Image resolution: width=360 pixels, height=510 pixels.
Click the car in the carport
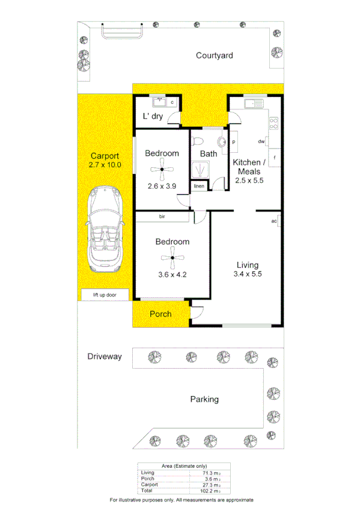105,230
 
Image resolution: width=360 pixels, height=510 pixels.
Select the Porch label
160,314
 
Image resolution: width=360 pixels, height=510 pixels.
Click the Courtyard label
215,56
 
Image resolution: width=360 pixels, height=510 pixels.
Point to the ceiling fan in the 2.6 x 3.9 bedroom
162,170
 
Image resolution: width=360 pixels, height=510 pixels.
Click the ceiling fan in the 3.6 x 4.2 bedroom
172,259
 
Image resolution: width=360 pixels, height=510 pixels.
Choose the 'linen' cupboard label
199,186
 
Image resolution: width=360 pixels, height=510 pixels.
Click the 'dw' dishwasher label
261,142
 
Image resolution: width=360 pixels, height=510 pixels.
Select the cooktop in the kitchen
274,124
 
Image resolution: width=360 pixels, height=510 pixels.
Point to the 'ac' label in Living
274,221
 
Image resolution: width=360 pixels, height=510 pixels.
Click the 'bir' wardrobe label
162,216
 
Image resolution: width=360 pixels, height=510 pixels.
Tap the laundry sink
159,102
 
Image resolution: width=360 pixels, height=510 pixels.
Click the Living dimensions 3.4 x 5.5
248,274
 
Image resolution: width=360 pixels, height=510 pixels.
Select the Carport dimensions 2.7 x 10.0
105,164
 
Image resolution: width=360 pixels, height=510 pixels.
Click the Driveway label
105,357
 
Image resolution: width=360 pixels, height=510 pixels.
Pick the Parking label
204,399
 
